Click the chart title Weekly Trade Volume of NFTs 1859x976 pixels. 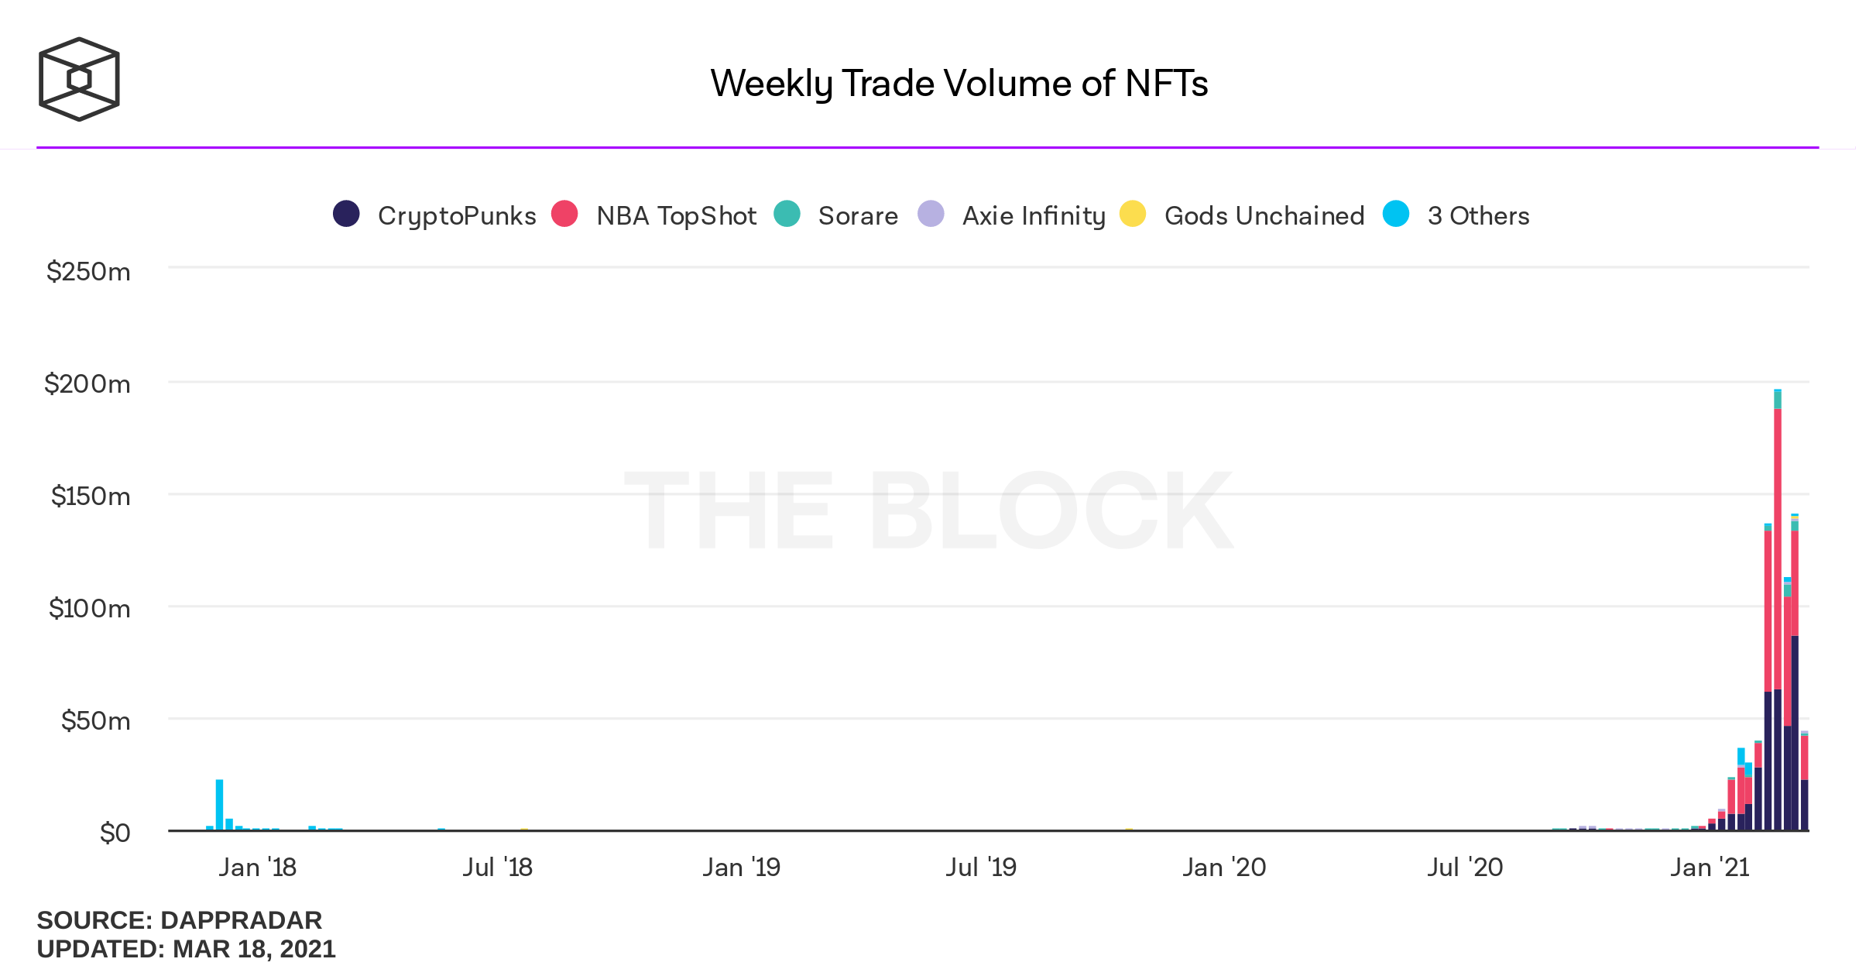click(959, 84)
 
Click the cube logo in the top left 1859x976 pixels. click(79, 79)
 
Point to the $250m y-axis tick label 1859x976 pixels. click(88, 272)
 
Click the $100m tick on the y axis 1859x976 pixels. click(89, 609)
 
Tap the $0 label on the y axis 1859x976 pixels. click(115, 833)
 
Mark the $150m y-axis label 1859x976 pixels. click(90, 497)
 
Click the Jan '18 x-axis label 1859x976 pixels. click(257, 868)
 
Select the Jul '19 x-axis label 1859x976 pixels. click(980, 868)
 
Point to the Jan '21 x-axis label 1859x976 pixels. click(1710, 868)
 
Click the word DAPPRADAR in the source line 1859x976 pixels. click(241, 920)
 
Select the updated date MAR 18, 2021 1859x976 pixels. click(254, 949)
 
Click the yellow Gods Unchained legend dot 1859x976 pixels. click(1133, 214)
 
